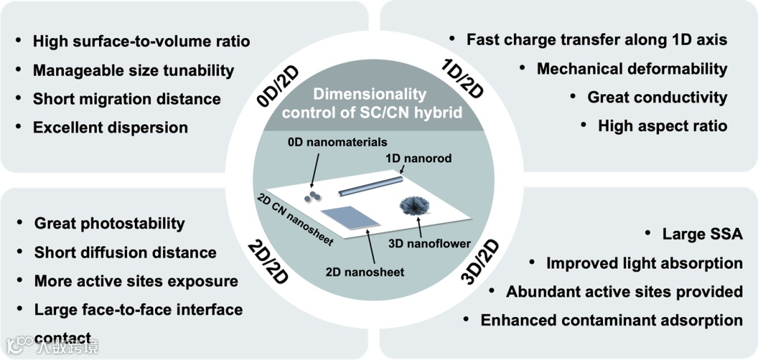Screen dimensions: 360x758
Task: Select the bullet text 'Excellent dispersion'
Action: pos(110,128)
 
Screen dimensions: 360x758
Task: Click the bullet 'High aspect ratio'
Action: pos(662,126)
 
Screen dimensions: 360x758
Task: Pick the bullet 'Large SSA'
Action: pos(702,234)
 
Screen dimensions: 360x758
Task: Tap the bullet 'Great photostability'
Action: pos(109,223)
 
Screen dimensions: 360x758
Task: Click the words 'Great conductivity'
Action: pos(657,98)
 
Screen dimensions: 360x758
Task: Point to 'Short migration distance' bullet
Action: pos(126,99)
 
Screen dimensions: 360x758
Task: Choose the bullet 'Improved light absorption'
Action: pos(644,263)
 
